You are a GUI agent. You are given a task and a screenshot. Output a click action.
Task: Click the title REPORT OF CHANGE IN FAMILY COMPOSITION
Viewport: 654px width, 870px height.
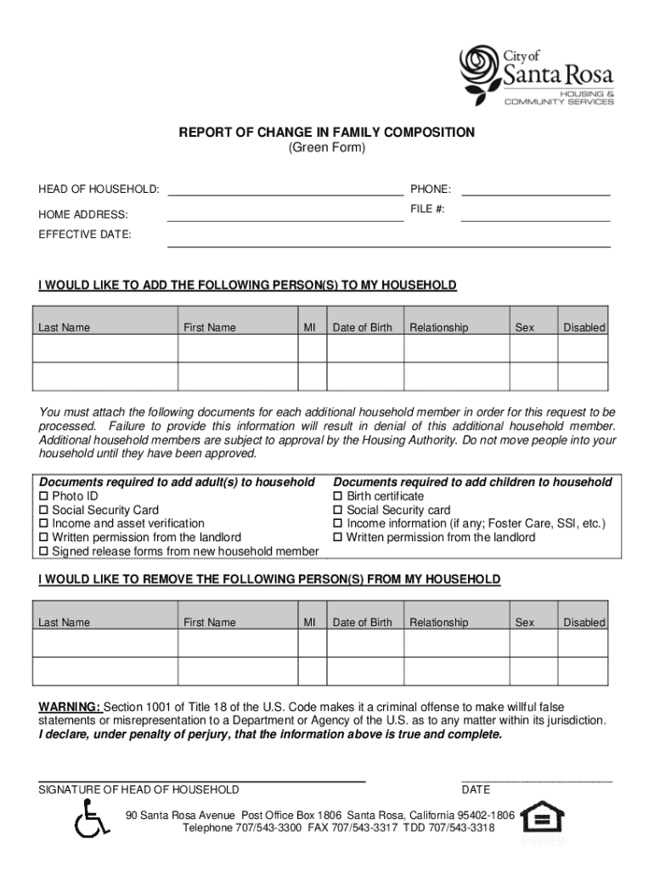coord(326,133)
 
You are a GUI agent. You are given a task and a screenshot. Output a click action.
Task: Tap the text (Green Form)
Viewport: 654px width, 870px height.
coord(326,148)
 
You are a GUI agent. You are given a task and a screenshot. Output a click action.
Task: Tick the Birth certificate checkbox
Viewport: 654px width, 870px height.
coord(338,496)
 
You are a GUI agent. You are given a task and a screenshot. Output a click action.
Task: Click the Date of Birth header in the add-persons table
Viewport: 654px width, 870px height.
coord(363,328)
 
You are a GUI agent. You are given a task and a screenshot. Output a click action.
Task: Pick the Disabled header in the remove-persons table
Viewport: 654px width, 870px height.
coord(584,623)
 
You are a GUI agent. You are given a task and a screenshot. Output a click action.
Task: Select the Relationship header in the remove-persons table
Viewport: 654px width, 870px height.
coord(438,623)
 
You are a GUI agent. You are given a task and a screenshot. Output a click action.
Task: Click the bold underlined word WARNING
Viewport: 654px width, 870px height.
coord(70,707)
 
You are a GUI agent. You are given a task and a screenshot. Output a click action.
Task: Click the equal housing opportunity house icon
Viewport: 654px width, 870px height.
coord(542,819)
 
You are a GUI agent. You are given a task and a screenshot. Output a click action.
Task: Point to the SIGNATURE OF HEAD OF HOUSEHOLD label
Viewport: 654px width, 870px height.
coord(138,790)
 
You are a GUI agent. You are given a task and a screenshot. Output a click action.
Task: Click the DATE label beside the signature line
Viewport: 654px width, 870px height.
coord(476,790)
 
